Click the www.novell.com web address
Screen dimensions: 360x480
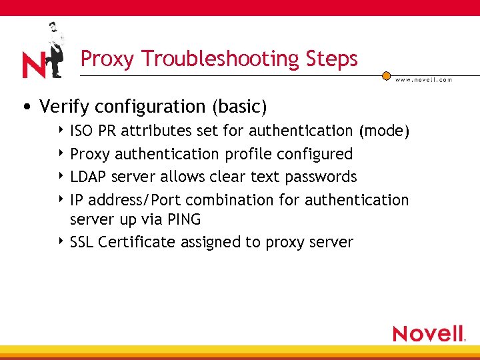tap(423, 80)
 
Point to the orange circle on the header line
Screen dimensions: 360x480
tap(386, 76)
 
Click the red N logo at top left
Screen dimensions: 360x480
tap(33, 65)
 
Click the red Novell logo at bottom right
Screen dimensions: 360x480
tap(429, 333)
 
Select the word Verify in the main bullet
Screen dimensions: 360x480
tap(62, 107)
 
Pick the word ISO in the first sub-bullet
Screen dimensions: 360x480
tap(82, 131)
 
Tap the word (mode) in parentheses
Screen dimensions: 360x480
tap(383, 131)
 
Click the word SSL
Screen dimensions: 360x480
tap(82, 242)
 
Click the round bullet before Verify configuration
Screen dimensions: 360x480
tap(26, 107)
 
